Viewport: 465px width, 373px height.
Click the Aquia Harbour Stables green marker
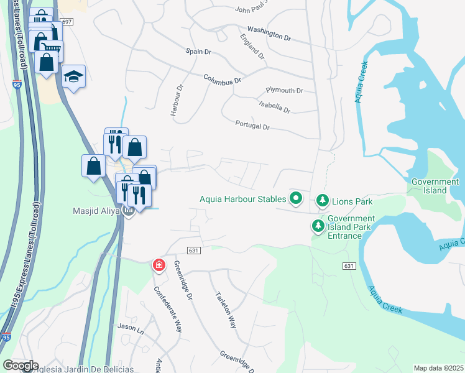point(296,200)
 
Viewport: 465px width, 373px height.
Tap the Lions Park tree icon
point(322,200)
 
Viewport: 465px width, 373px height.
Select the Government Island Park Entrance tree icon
point(318,226)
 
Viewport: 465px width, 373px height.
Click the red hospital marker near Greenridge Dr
point(159,265)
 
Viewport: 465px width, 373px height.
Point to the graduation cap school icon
point(74,76)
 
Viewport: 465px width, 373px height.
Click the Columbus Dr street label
point(222,79)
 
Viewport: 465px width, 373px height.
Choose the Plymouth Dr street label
point(284,91)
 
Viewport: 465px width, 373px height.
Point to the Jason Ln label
point(131,326)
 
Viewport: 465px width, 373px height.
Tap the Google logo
point(21,366)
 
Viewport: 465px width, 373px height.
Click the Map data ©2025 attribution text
point(438,368)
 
